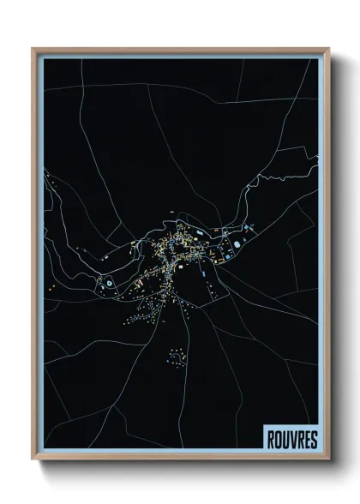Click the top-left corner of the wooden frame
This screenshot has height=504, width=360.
pos(33,49)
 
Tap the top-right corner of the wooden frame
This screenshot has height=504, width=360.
pos(328,49)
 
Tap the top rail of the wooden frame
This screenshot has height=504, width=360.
pos(180,50)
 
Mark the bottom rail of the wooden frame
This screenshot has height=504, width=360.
pos(180,457)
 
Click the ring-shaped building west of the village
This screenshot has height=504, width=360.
pos(109,283)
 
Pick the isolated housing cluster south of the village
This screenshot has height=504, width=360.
pos(177,355)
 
